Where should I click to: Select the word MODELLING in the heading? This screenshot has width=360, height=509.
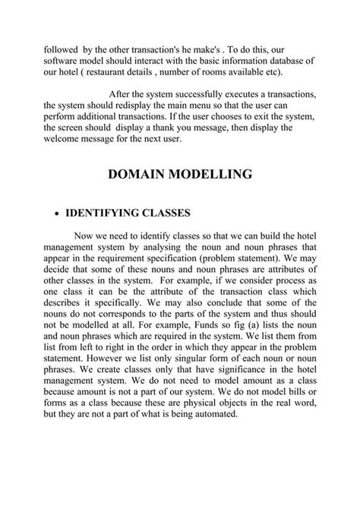click(216, 175)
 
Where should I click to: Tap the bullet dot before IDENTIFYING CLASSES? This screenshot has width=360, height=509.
click(58, 213)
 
